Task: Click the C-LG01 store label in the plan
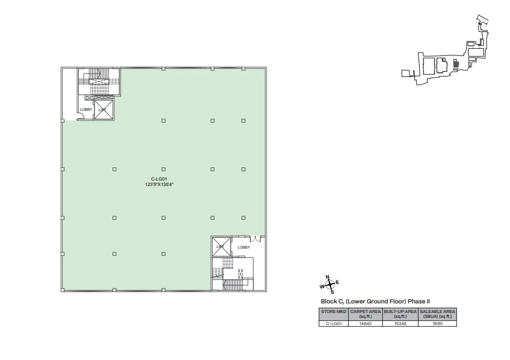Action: click(x=159, y=179)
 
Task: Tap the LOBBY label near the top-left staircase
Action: click(x=86, y=110)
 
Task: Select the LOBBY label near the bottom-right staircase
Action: click(x=244, y=247)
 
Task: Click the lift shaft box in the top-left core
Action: click(x=104, y=110)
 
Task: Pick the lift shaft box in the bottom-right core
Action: click(x=222, y=246)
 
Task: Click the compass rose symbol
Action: click(x=330, y=285)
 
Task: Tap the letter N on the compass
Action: click(x=328, y=277)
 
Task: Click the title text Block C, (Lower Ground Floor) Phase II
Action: click(x=375, y=302)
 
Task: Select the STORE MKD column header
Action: click(x=334, y=312)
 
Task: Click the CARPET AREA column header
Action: click(x=365, y=314)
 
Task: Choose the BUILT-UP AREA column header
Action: click(x=400, y=314)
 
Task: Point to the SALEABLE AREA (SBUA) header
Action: click(x=438, y=314)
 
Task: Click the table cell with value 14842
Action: click(x=365, y=323)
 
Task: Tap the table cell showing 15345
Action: click(x=400, y=323)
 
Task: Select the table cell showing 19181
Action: click(x=438, y=323)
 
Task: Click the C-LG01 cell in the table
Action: click(x=334, y=323)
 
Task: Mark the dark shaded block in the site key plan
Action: click(x=456, y=64)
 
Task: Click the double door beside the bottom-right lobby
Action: click(x=255, y=239)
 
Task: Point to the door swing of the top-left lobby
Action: click(x=78, y=116)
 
